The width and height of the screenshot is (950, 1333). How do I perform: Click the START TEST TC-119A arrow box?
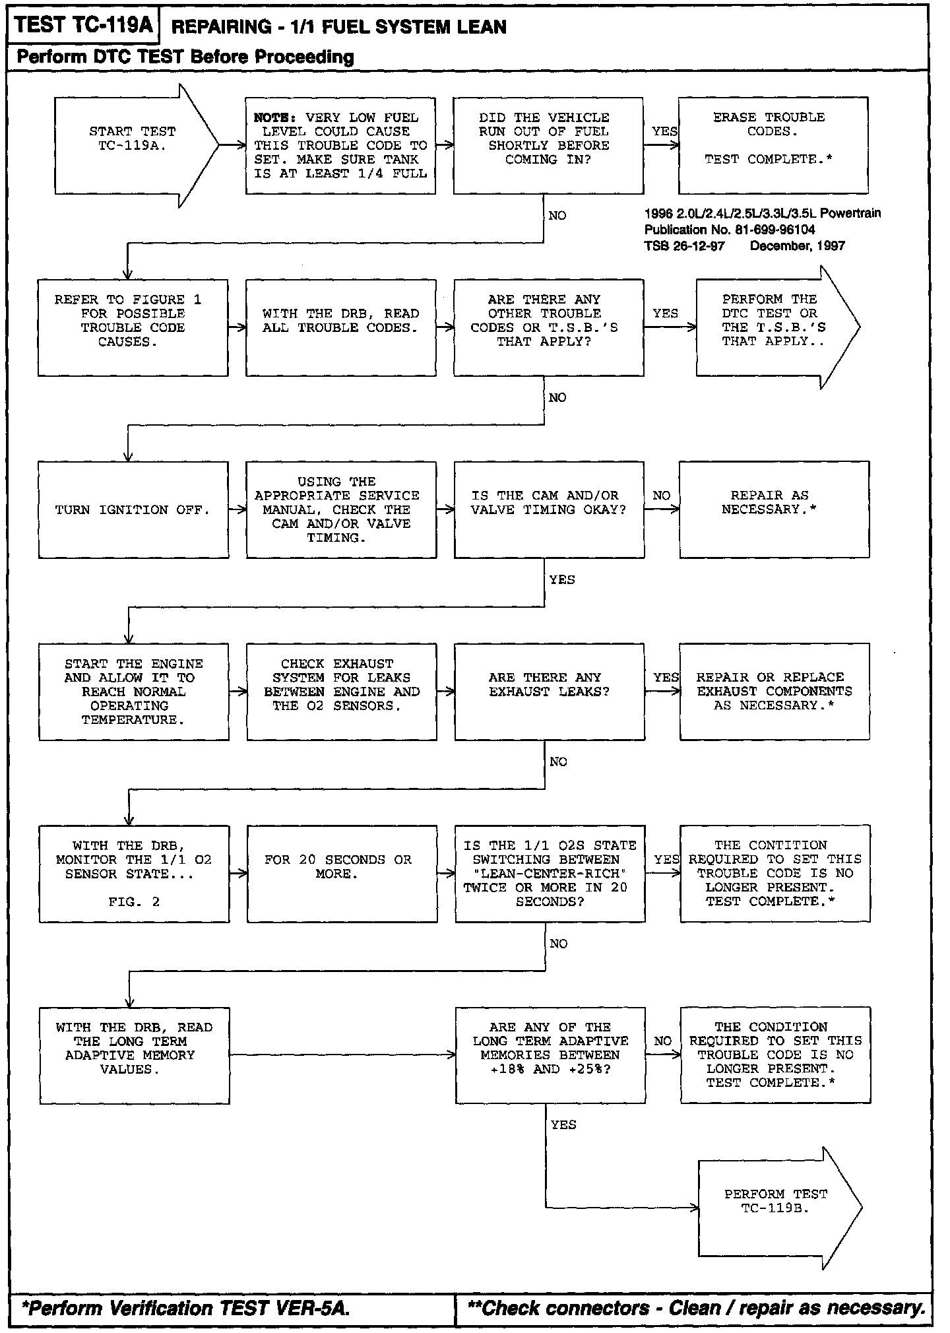(132, 145)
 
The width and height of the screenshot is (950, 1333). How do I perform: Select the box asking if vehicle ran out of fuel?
(548, 145)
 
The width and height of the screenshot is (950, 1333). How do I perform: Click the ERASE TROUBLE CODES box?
(773, 145)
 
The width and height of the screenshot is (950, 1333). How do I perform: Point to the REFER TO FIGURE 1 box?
(133, 327)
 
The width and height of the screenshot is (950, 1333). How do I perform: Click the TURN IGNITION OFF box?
(133, 509)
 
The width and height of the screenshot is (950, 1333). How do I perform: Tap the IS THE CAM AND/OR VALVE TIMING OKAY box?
(548, 509)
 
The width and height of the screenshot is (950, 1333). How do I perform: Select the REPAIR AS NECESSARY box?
(773, 509)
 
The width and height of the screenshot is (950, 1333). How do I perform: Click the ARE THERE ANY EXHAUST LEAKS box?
(549, 692)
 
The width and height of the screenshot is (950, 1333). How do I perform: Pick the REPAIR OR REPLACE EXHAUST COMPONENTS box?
(774, 692)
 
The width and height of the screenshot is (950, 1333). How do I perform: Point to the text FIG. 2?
(134, 902)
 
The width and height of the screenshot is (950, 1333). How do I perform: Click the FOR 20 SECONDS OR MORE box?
(342, 873)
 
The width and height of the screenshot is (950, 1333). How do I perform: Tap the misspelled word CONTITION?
(788, 845)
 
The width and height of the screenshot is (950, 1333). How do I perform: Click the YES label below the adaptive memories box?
(563, 1124)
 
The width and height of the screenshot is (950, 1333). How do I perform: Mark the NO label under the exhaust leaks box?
(558, 762)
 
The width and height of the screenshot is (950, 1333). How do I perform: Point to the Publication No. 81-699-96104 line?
(730, 230)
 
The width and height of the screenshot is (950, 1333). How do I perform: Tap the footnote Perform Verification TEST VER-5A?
(185, 1308)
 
